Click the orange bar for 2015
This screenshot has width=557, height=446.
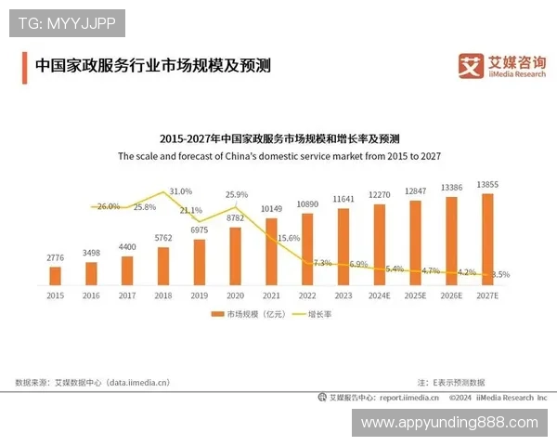[55, 275]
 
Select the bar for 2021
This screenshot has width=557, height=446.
[270, 249]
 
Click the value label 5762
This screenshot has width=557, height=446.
[163, 239]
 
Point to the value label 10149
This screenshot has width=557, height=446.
[270, 208]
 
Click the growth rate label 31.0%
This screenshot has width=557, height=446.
[181, 191]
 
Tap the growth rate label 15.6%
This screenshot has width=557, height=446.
[289, 238]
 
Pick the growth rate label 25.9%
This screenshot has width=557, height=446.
[237, 195]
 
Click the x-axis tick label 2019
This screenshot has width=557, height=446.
[199, 295]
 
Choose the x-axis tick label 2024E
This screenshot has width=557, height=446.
[378, 295]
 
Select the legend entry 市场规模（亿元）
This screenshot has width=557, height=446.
[248, 314]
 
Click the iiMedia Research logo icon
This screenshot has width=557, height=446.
[472, 64]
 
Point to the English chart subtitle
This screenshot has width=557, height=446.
[278, 157]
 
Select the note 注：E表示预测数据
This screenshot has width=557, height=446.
[451, 382]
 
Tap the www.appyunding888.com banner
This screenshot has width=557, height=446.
[449, 423]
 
